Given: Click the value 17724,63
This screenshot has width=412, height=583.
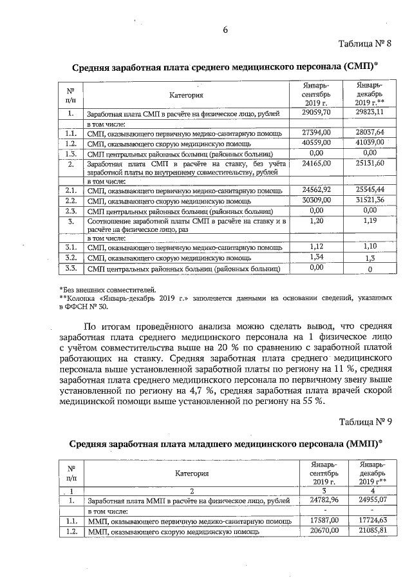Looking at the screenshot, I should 373,521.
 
